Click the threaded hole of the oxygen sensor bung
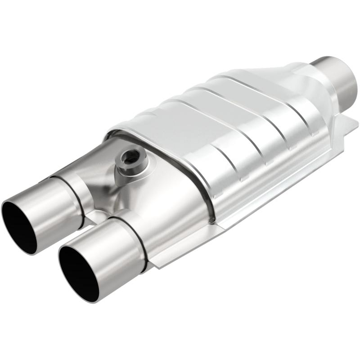coord(129,158)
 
